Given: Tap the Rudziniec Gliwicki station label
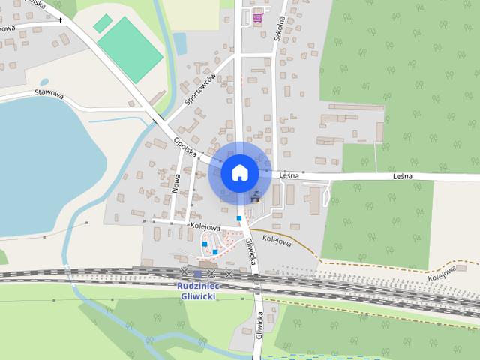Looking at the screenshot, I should point(197,290).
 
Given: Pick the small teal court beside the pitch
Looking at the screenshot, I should point(103,23).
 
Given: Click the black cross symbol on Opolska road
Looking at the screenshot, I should point(61,21).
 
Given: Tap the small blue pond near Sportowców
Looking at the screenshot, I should point(180,44).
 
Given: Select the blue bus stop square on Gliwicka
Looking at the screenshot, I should point(239,218).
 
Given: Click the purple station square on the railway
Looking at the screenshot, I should point(197,274).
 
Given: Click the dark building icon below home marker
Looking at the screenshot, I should point(256,198).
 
